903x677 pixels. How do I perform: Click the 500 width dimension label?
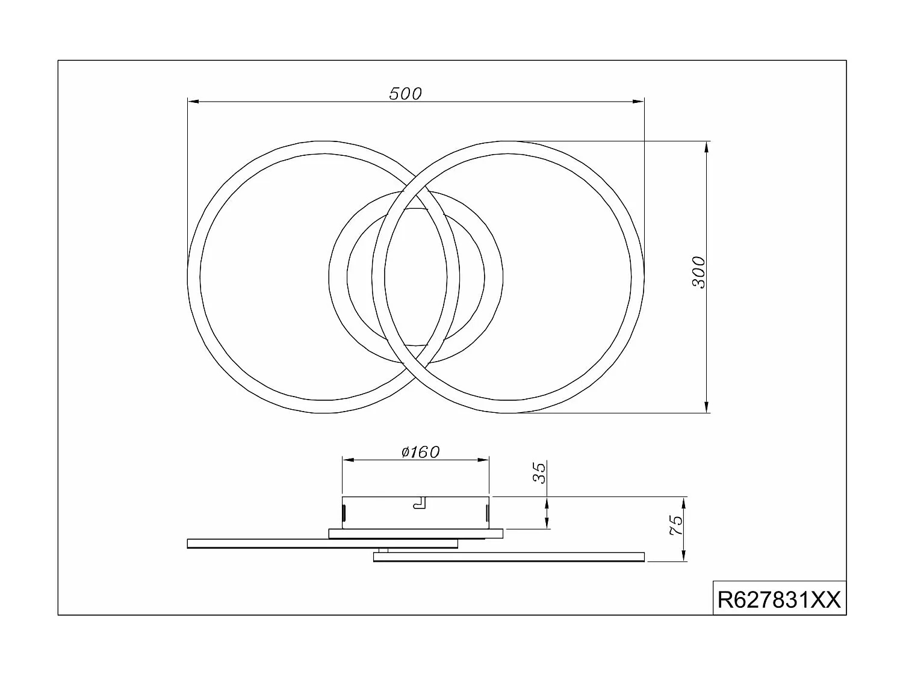(x=406, y=93)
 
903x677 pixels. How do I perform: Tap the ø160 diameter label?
(x=421, y=451)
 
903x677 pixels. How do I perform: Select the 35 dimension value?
(x=540, y=472)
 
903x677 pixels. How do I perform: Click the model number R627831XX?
(x=779, y=599)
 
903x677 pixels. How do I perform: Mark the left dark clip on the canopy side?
(x=344, y=513)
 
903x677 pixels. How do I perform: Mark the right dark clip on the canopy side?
(x=486, y=513)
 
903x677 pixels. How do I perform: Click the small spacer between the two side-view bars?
(x=383, y=550)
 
